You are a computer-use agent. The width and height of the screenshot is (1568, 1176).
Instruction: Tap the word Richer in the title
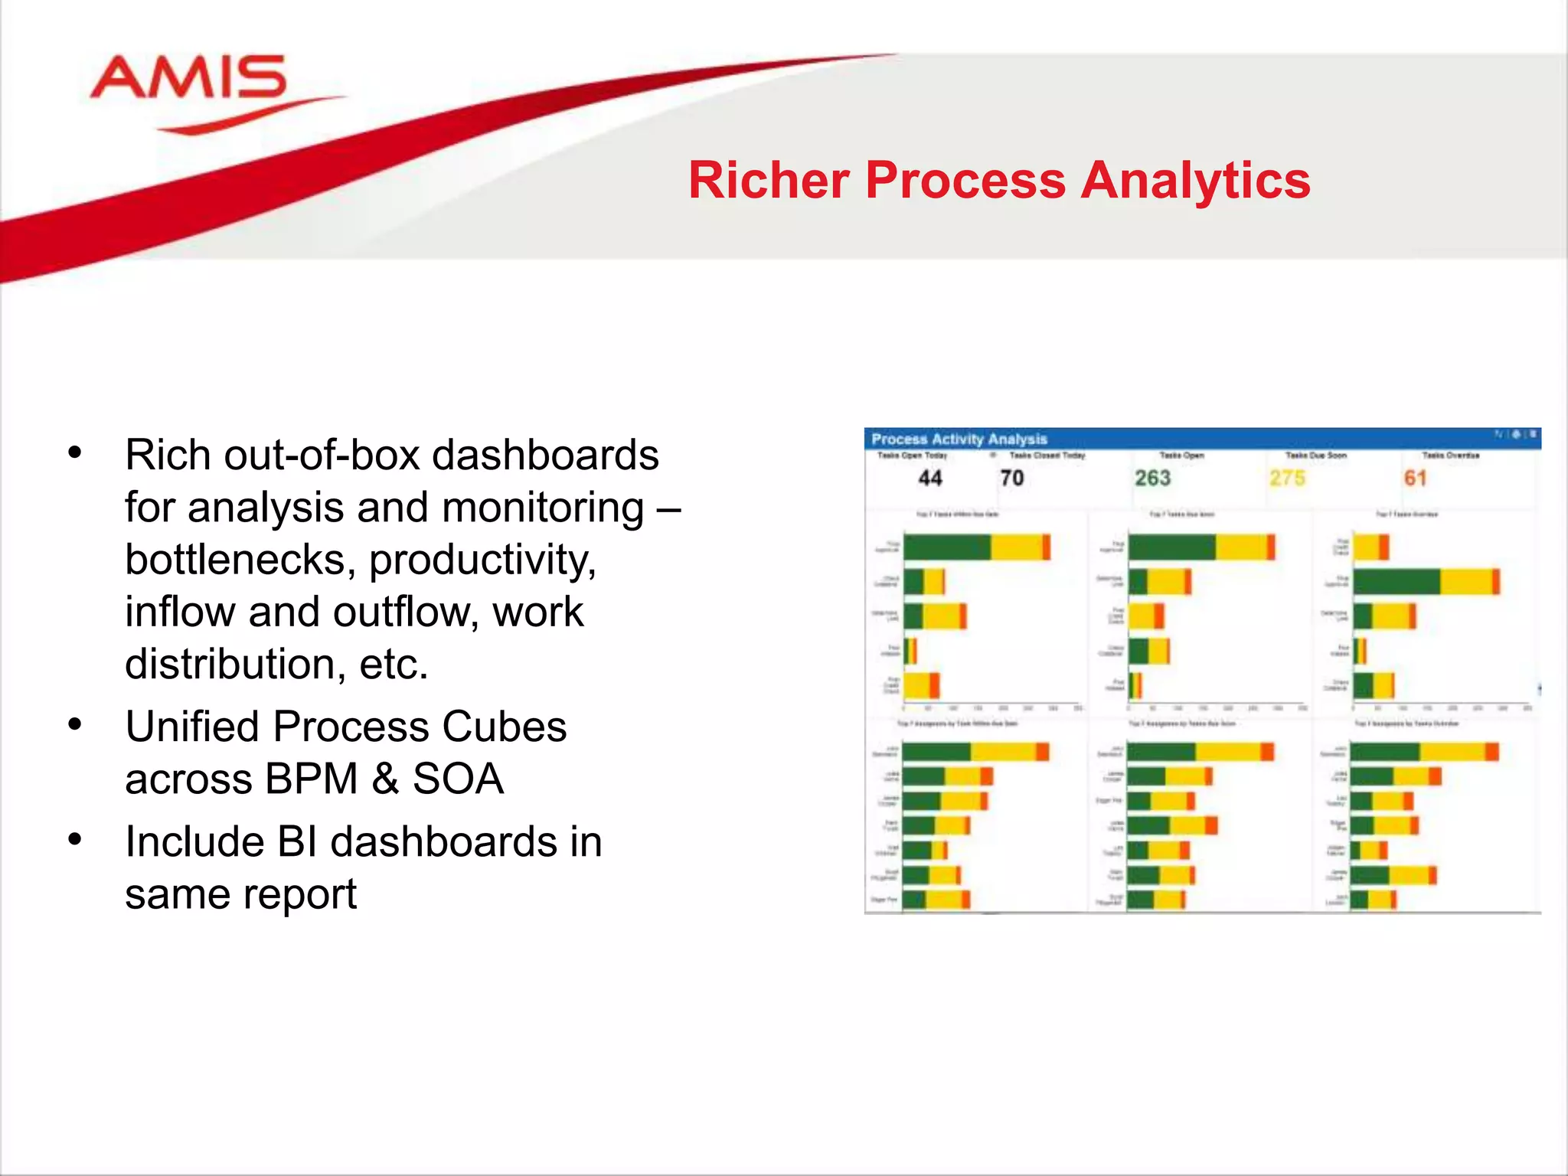769,181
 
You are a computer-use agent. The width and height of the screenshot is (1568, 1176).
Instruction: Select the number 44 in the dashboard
929,479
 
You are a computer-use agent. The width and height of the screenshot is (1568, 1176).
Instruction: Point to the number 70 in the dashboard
1011,479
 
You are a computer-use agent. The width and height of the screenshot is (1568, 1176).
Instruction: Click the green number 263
1152,479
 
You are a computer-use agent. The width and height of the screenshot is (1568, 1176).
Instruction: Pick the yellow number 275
1287,479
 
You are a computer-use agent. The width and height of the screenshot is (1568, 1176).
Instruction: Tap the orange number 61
1415,479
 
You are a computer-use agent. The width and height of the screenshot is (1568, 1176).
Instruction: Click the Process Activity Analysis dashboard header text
959,439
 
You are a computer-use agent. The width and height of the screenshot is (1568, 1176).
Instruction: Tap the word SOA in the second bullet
458,779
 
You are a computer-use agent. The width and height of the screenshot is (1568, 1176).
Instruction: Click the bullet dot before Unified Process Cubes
75,724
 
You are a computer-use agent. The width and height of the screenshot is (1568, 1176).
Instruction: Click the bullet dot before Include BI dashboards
75,839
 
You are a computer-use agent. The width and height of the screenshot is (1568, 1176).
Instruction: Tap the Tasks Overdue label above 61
1450,456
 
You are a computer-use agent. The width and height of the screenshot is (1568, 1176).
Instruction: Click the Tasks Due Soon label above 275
1315,456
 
